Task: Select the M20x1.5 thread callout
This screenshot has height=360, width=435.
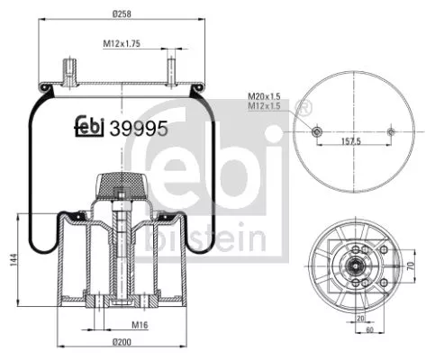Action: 264,96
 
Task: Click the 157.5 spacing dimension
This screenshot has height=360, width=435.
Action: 350,142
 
